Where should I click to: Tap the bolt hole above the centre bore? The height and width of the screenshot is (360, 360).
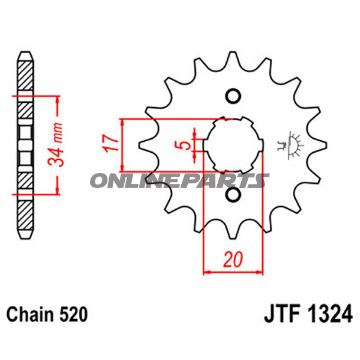click(x=234, y=97)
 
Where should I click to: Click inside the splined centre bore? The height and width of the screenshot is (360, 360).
click(x=234, y=147)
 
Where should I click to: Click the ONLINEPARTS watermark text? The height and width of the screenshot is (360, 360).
click(x=180, y=181)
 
